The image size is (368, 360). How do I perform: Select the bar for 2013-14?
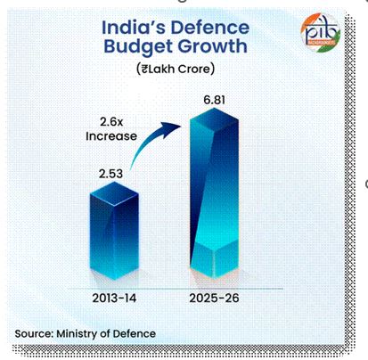pos(115,232)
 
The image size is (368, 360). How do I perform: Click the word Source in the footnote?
pos(35,333)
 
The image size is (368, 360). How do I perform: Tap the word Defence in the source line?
pos(135,333)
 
